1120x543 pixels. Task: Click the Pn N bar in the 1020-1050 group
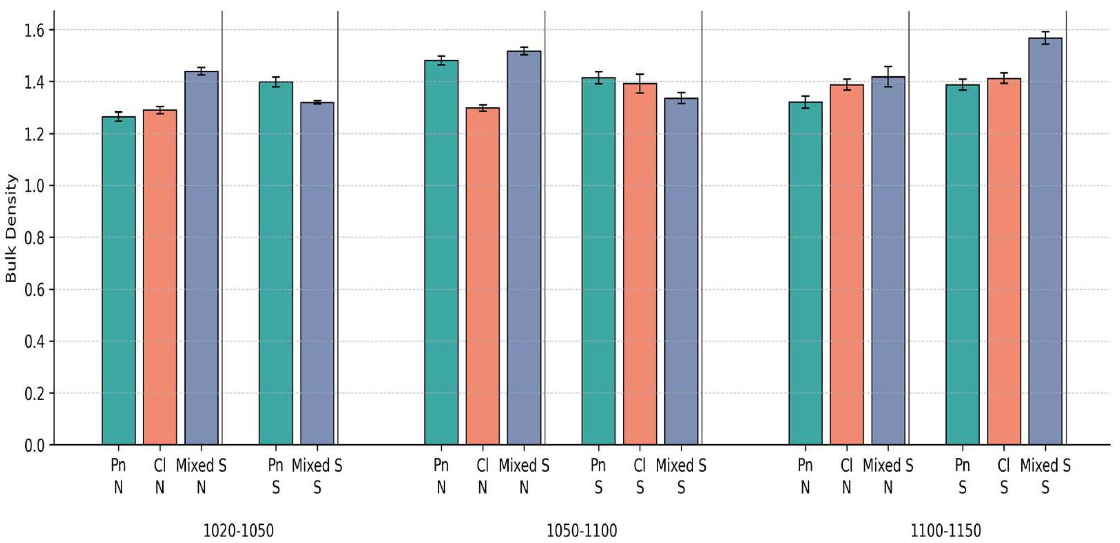pos(119,281)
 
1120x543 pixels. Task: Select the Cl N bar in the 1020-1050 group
pos(160,278)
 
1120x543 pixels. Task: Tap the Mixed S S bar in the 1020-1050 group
pos(318,274)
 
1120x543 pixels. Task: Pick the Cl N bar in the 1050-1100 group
pos(483,276)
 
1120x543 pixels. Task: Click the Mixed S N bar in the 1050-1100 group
pos(524,248)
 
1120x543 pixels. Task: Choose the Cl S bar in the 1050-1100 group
pos(640,264)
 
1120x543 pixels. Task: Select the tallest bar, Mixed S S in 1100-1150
pos(1045,241)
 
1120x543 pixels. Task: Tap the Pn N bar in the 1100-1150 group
pos(806,274)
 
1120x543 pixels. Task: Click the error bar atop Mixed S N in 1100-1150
pos(888,77)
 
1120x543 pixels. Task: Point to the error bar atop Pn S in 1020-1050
pos(276,82)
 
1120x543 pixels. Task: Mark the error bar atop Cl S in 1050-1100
pos(640,83)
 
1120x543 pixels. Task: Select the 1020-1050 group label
pos(239,531)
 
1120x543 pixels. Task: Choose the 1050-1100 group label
pos(581,531)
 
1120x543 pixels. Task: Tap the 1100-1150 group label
pos(946,531)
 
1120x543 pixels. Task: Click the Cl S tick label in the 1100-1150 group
pos(1004,476)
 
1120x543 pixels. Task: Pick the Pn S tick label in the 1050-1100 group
pos(598,476)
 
